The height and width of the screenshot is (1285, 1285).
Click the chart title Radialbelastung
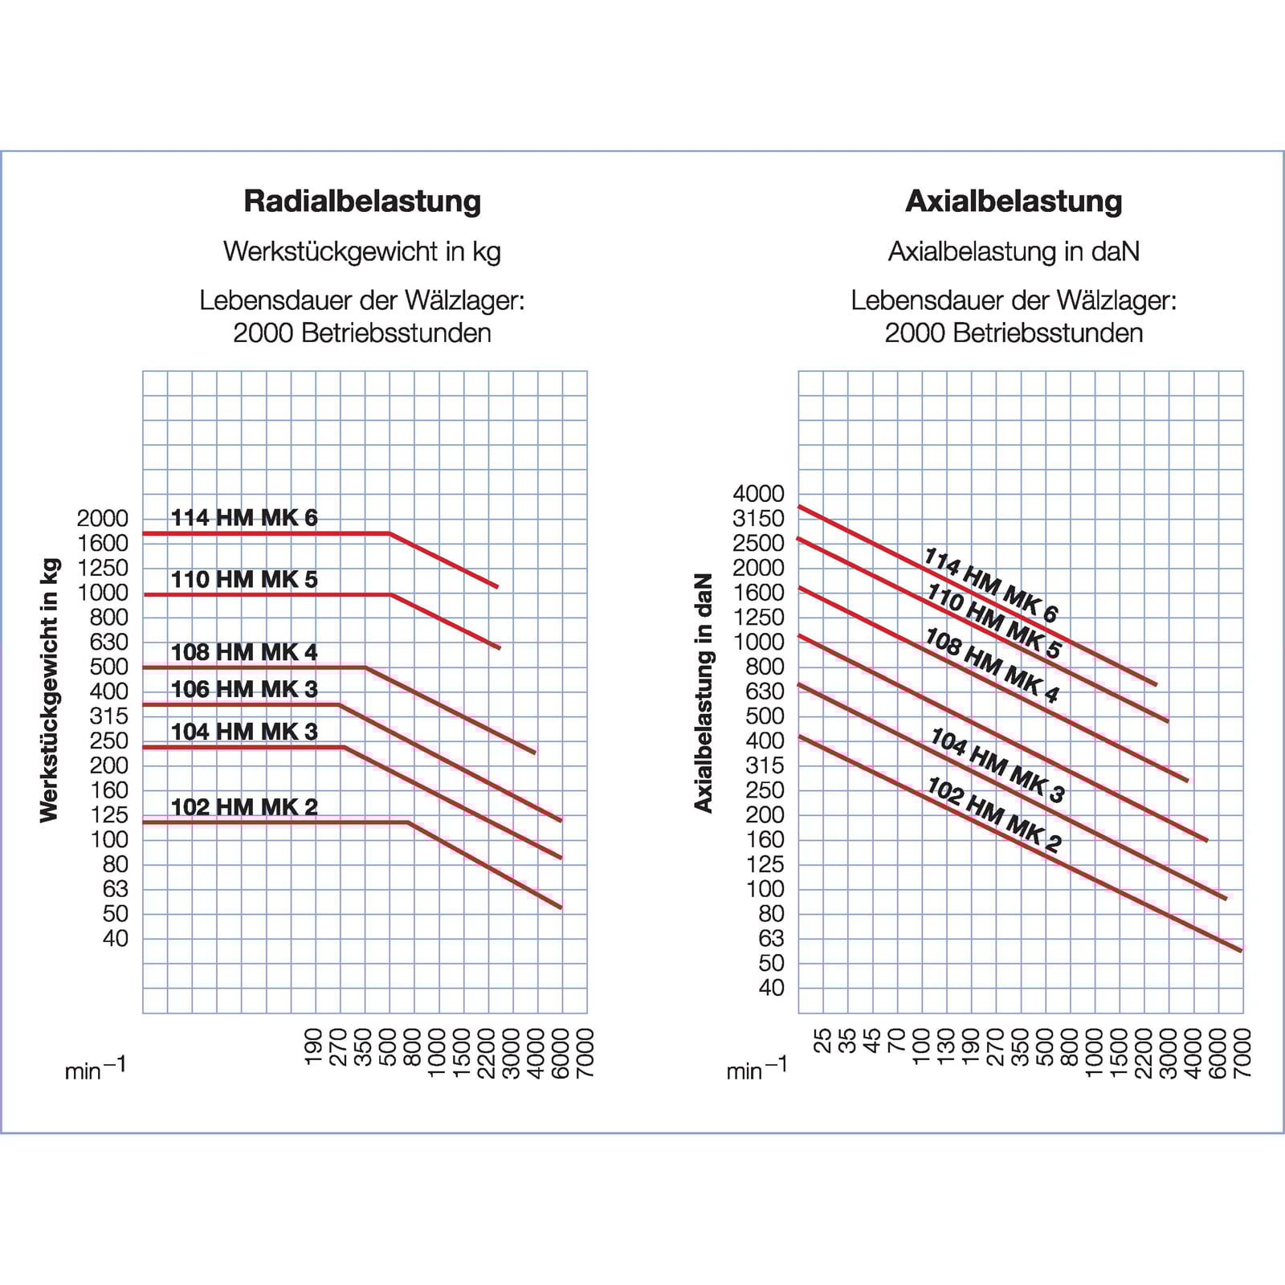[362, 201]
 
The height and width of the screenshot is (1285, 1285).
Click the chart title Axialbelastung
[1014, 201]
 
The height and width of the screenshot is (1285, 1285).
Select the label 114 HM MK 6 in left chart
[244, 518]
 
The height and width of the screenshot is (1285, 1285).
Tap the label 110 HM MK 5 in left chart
[244, 579]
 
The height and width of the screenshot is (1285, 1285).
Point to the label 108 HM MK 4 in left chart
[244, 652]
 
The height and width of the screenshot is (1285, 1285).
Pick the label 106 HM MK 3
[244, 689]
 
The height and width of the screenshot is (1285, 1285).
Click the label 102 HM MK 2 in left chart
[244, 806]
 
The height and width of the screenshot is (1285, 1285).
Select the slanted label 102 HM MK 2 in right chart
[994, 814]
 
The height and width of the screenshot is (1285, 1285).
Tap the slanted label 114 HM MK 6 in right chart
[991, 585]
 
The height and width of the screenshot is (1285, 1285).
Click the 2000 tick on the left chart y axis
[103, 519]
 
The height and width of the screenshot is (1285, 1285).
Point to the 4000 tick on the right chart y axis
[758, 494]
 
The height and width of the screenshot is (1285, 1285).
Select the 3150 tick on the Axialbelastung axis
[758, 519]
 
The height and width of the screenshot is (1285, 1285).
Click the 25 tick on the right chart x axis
[822, 1041]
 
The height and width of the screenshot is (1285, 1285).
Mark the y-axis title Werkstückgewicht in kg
[50, 691]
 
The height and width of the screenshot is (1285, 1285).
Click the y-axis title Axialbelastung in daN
[704, 692]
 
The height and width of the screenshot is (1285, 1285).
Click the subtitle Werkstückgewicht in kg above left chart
[362, 251]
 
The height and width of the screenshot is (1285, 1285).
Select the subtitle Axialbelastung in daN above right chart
[1014, 251]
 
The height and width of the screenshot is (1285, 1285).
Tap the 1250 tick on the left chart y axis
[103, 568]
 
